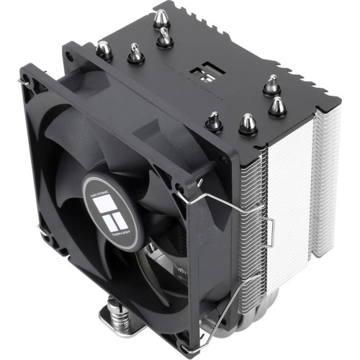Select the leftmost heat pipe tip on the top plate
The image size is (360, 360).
pos(104,48)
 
